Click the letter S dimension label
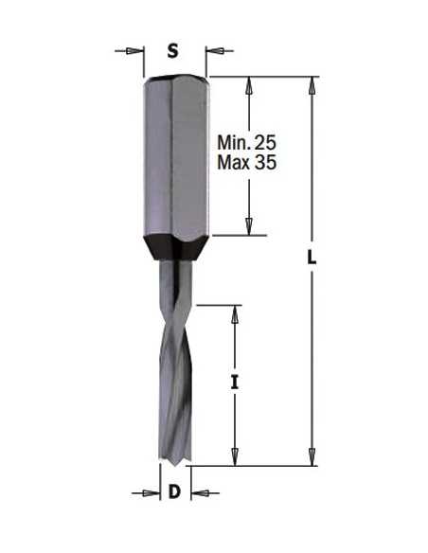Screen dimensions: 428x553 coord(172,51)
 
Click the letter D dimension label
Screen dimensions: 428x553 coord(174,491)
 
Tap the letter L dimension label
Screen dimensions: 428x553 coord(312,257)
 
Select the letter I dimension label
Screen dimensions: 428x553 coord(235,383)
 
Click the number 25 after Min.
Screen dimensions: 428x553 coord(266,142)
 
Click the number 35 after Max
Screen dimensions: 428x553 coord(266,163)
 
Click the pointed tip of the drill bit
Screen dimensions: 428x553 coord(176,466)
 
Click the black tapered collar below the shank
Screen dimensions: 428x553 coord(176,248)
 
